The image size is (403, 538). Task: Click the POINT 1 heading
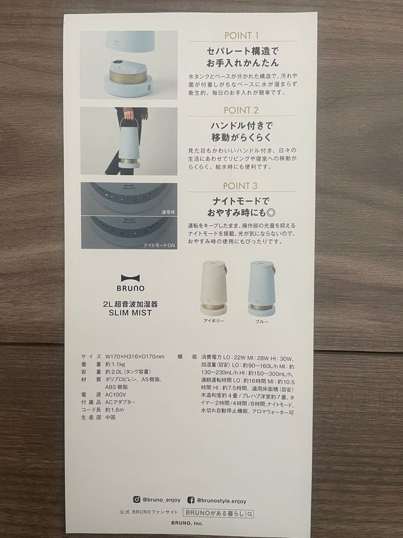coord(241,36)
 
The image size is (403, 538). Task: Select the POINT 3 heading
coord(240,186)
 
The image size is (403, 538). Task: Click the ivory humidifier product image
coord(214,288)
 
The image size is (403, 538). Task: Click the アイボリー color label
coord(214,321)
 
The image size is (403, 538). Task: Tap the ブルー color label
coord(262,322)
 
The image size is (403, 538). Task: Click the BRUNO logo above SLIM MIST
coord(130,283)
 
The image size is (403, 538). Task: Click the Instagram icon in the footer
coord(137,500)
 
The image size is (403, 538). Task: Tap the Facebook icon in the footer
coord(191,500)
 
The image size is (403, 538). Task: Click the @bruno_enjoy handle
coord(161,500)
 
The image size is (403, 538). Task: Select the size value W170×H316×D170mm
coord(135,357)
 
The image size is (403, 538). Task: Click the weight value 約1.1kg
coord(115,364)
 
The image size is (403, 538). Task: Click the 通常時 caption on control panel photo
coord(168,212)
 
